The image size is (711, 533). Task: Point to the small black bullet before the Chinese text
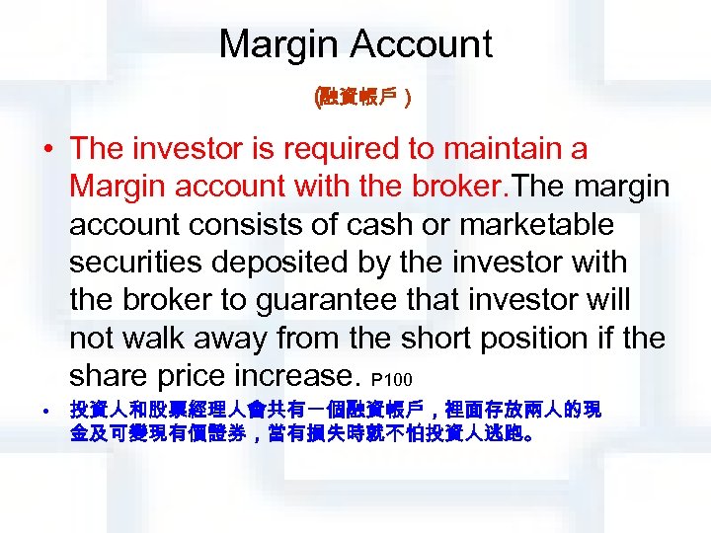(x=47, y=409)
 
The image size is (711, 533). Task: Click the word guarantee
(x=326, y=300)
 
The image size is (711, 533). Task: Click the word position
(x=513, y=338)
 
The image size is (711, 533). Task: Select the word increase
(x=298, y=375)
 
